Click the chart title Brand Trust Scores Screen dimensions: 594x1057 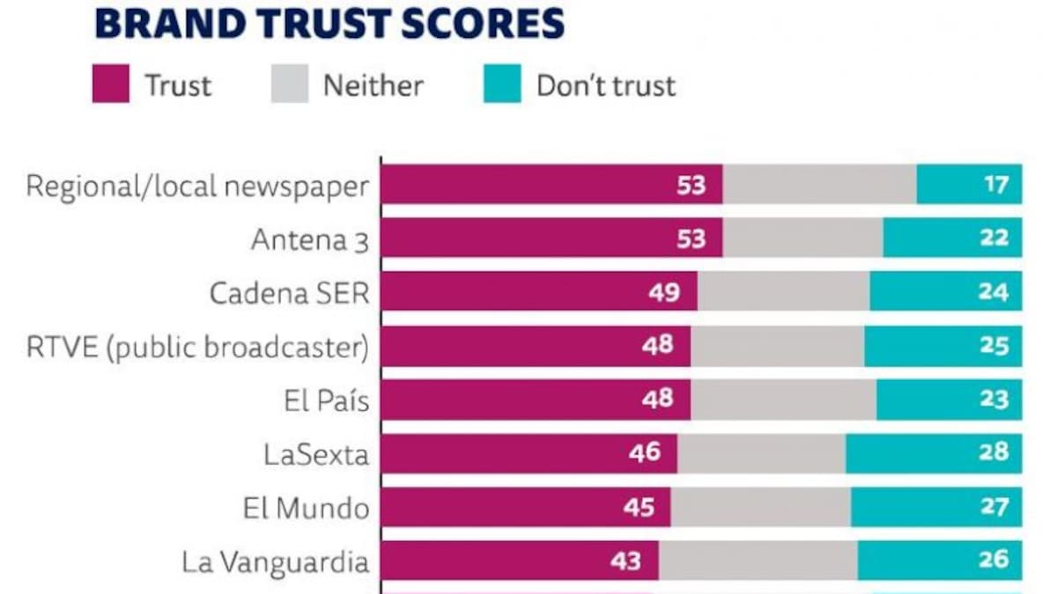329,24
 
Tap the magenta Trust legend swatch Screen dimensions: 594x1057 111,84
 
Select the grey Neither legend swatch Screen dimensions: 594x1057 289,84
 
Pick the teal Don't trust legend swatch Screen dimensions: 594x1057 502,84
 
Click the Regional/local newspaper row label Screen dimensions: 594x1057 196,187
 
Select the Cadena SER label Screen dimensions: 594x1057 289,293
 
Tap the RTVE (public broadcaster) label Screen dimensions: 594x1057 196,347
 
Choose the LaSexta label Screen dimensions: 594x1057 315,454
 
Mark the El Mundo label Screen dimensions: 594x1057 306,508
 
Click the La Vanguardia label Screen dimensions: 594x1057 275,561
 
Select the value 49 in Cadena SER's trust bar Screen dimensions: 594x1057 663,292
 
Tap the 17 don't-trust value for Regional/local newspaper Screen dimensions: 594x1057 995,185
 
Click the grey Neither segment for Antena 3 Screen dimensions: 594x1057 802,238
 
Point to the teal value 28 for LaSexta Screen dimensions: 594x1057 994,453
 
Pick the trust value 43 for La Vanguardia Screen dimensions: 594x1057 625,561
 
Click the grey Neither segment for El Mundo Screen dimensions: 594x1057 760,507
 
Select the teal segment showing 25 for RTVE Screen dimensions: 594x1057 942,346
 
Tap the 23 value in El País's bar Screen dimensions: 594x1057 994,400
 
